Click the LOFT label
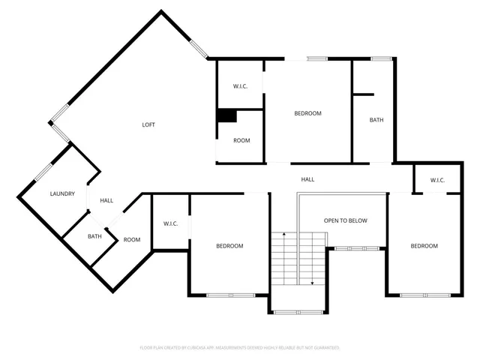pyautogui.click(x=148, y=124)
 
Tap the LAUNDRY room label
pyautogui.click(x=62, y=194)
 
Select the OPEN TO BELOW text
pyautogui.click(x=345, y=221)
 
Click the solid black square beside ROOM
pyautogui.click(x=226, y=115)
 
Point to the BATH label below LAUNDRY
pyautogui.click(x=94, y=237)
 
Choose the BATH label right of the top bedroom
pyautogui.click(x=376, y=120)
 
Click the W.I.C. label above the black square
pyautogui.click(x=240, y=86)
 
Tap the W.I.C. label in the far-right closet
pyautogui.click(x=437, y=180)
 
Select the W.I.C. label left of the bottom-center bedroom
pyautogui.click(x=170, y=223)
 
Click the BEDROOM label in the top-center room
pyautogui.click(x=307, y=113)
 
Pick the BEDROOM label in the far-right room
pyautogui.click(x=424, y=246)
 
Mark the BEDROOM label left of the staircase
pyautogui.click(x=229, y=246)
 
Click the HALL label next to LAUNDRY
pyautogui.click(x=106, y=200)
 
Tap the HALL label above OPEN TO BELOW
pyautogui.click(x=307, y=180)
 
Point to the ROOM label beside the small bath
pyautogui.click(x=132, y=240)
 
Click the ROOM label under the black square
pyautogui.click(x=241, y=140)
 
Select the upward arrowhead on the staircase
pyautogui.click(x=283, y=235)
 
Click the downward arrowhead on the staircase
pyautogui.click(x=311, y=283)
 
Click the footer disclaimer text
pyautogui.click(x=240, y=348)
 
